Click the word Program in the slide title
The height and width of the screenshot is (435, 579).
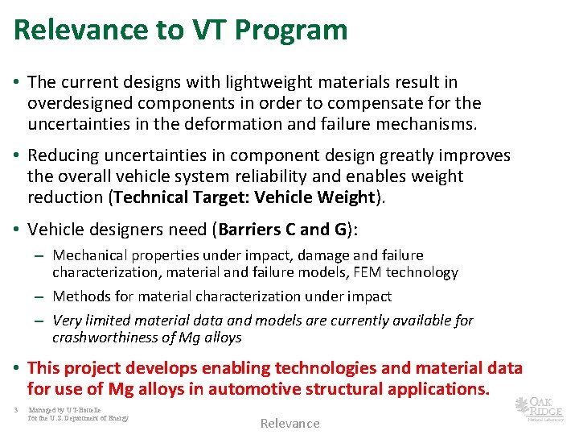(296, 30)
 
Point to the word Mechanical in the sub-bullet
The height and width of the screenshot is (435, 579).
(89, 255)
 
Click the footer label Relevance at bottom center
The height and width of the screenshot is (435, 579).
(289, 424)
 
